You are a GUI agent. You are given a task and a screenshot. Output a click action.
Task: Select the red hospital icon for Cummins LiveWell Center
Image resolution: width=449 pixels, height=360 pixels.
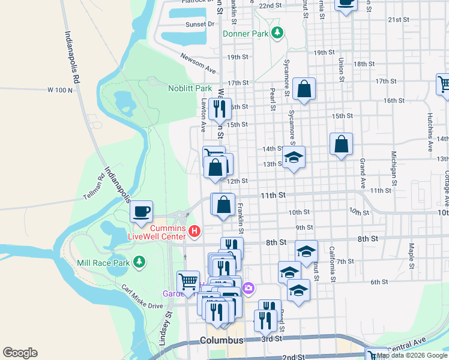pyautogui.click(x=194, y=230)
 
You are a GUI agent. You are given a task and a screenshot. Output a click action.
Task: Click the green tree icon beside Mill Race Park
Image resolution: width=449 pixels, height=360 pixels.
pyautogui.click(x=139, y=262)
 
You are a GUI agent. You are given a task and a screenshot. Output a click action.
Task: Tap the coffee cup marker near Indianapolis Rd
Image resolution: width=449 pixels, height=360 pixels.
pyautogui.click(x=142, y=212)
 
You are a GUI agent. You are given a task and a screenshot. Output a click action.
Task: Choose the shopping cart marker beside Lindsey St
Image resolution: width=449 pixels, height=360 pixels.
pyautogui.click(x=188, y=281)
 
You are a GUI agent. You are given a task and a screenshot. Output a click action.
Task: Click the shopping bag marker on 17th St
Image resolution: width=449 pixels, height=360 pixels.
pyautogui.click(x=304, y=89)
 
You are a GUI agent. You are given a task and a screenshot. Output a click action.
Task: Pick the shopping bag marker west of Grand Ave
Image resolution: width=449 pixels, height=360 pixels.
pyautogui.click(x=341, y=144)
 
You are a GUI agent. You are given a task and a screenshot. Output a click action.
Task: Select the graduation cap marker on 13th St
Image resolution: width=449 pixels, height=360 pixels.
pyautogui.click(x=293, y=157)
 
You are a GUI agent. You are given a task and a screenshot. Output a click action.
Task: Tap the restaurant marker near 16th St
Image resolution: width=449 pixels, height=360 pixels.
pyautogui.click(x=221, y=109)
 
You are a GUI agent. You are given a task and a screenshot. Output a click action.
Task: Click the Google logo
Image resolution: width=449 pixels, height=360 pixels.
pyautogui.click(x=20, y=353)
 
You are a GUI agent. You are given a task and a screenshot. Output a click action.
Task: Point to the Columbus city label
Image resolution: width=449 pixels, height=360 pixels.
pyautogui.click(x=221, y=340)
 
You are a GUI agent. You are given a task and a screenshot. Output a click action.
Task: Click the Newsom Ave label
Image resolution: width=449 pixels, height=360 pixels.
pyautogui.click(x=197, y=63)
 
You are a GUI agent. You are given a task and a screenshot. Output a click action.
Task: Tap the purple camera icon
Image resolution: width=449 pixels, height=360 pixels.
pyautogui.click(x=249, y=290)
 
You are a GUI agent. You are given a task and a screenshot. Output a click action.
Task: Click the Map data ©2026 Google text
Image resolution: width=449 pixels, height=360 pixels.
pyautogui.click(x=412, y=355)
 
